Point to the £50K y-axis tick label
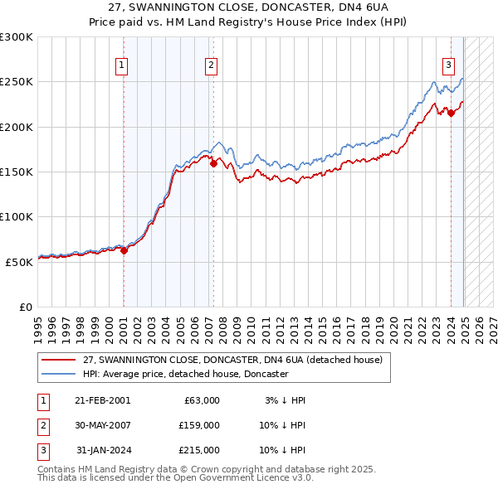(x=19, y=262)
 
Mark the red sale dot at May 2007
(x=213, y=164)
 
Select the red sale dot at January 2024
(x=451, y=114)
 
